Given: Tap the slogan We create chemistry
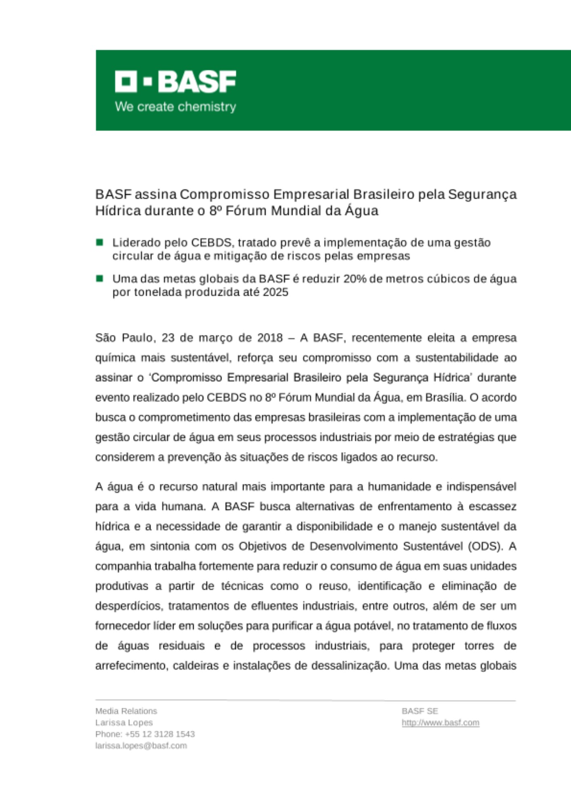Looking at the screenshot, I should (175, 107).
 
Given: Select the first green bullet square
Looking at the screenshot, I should (100, 242).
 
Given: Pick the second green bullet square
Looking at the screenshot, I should (100, 278).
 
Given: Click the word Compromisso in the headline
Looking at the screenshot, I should (224, 194).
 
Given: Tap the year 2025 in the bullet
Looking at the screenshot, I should (275, 292).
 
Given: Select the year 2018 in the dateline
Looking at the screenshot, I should (270, 338).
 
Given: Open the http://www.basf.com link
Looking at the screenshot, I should (440, 723).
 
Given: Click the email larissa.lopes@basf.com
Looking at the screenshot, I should (141, 746).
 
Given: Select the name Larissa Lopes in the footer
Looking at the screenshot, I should (124, 723).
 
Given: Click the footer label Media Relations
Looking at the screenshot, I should (126, 711).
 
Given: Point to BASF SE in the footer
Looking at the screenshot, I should (420, 711).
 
